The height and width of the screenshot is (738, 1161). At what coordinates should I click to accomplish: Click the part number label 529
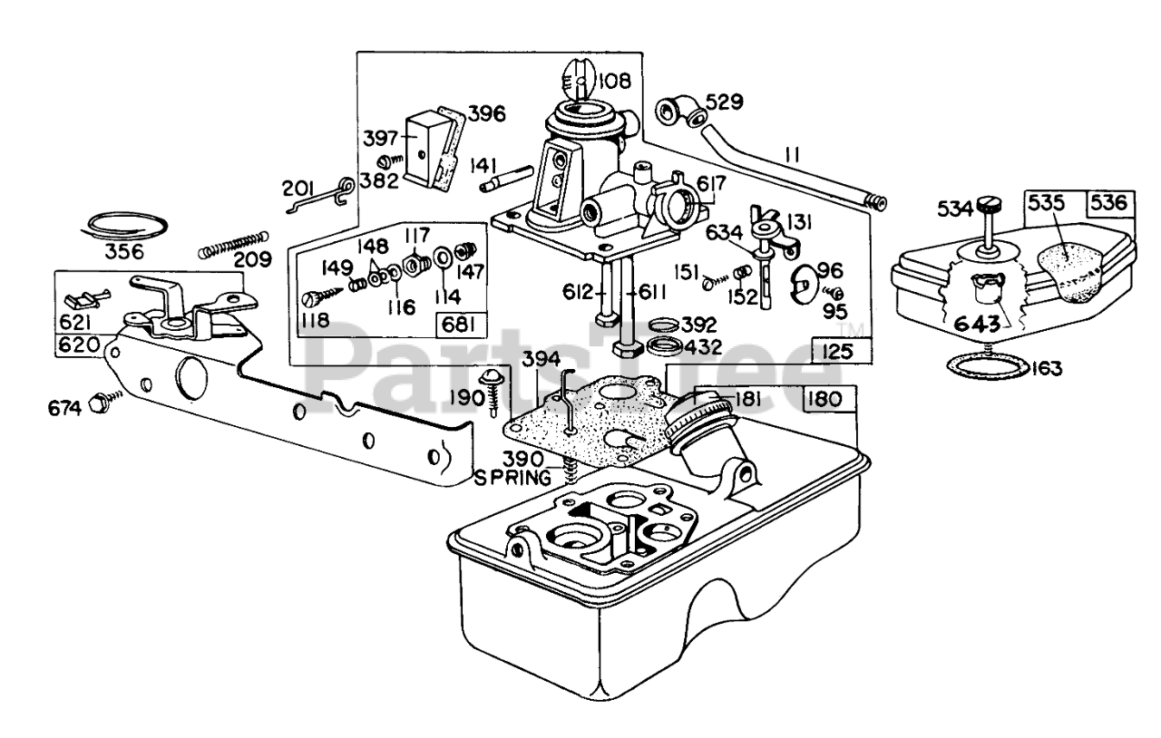point(725,102)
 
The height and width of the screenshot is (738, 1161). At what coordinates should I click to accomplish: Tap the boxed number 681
point(459,325)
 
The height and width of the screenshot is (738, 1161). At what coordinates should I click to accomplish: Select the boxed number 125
point(837,352)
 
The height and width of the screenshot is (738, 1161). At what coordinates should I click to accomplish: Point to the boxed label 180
point(824,400)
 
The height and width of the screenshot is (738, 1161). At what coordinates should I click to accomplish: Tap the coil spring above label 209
point(234,245)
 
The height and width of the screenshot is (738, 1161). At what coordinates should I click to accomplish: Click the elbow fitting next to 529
point(680,111)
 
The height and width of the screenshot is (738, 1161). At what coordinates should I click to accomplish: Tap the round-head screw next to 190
point(490,393)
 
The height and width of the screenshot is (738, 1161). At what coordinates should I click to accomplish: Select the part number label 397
point(380,139)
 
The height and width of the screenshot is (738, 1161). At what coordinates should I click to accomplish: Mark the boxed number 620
point(79,345)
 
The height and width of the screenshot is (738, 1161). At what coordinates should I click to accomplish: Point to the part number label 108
point(615,81)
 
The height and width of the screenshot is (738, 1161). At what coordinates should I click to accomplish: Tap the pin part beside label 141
point(507,179)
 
